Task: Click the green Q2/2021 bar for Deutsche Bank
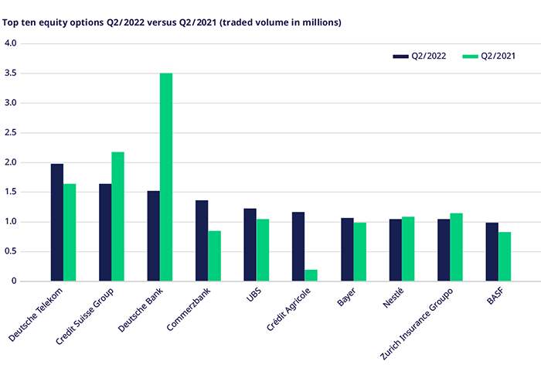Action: [166, 177]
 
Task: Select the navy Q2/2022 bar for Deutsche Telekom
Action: [57, 223]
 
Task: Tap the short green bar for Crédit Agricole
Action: [311, 275]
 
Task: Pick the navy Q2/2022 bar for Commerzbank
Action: [202, 240]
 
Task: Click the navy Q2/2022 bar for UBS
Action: [250, 244]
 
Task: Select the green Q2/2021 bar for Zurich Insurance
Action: [456, 247]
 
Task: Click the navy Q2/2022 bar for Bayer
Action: [346, 249]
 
